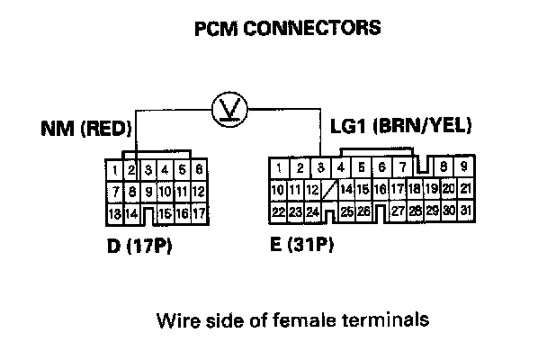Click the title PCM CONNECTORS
tap(287, 28)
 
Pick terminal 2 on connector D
tap(131, 169)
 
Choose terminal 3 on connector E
tap(321, 168)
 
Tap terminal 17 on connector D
tap(199, 214)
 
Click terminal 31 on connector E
tap(465, 211)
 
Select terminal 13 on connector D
tap(114, 214)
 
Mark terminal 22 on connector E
tap(279, 211)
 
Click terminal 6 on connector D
tap(199, 169)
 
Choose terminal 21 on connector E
tap(465, 189)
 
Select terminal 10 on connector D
tap(166, 192)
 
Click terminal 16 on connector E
tap(382, 189)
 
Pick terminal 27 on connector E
tap(398, 211)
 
